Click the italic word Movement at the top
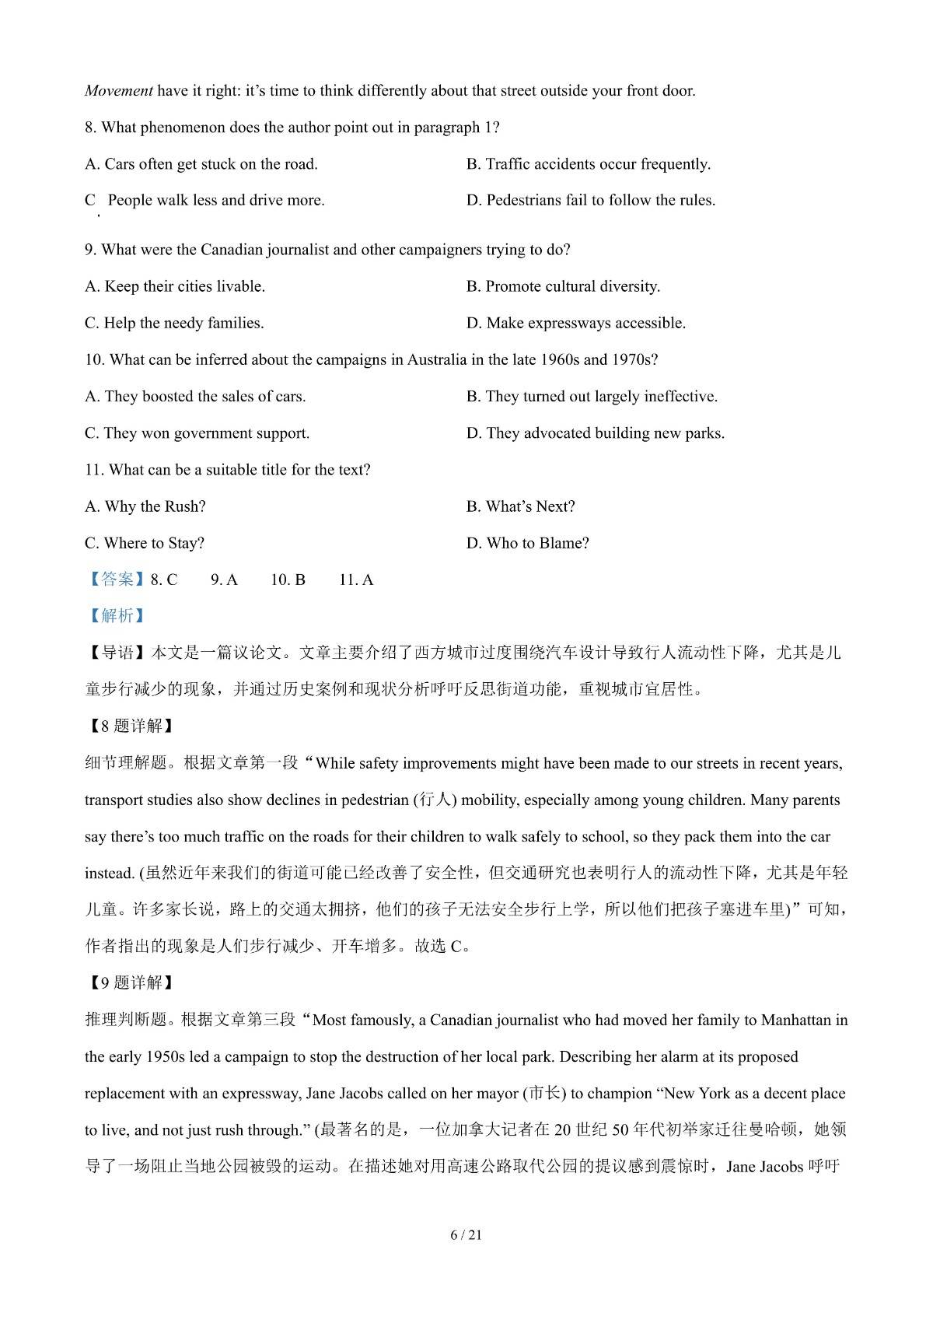pyautogui.click(x=119, y=91)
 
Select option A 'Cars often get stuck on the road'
pyautogui.click(x=201, y=164)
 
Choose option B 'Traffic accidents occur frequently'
pyautogui.click(x=588, y=164)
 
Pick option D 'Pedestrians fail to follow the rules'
pyautogui.click(x=590, y=201)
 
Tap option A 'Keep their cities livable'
pyautogui.click(x=175, y=286)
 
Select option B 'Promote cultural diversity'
pyautogui.click(x=563, y=286)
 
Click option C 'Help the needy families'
pyautogui.click(x=174, y=323)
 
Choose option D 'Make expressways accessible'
pyautogui.click(x=575, y=323)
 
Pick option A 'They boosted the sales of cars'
pyautogui.click(x=195, y=397)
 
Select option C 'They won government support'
pyautogui.click(x=197, y=433)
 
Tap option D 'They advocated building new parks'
pyautogui.click(x=595, y=433)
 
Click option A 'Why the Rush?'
pyautogui.click(x=145, y=506)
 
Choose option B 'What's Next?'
pyautogui.click(x=520, y=506)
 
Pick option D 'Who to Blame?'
pyautogui.click(x=527, y=543)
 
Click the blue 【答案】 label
pyautogui.click(x=117, y=579)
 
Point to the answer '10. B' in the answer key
pyautogui.click(x=288, y=580)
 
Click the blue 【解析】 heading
pyautogui.click(x=117, y=616)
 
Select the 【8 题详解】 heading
pyautogui.click(x=129, y=726)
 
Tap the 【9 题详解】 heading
pyautogui.click(x=129, y=983)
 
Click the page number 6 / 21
pyautogui.click(x=466, y=1234)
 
